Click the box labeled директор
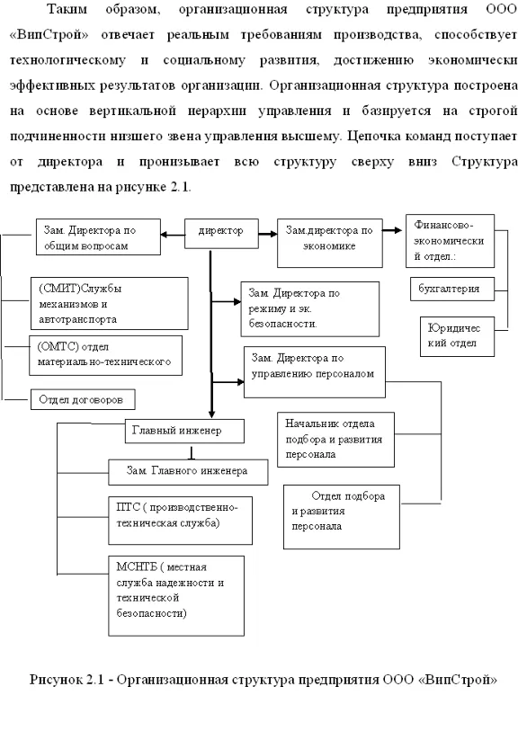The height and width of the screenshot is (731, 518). pos(221,234)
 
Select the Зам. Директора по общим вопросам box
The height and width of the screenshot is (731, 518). pos(98,236)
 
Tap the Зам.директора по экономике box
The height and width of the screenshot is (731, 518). pos(330,243)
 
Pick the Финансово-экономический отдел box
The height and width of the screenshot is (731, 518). pos(450,241)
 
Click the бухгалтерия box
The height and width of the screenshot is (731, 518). pos(452,289)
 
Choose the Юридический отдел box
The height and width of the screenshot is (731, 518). pos(457,336)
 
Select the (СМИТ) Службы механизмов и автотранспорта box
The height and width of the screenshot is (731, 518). pos(110,304)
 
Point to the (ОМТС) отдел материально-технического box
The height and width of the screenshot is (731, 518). pos(105,355)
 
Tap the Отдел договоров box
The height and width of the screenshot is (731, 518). pos(83,399)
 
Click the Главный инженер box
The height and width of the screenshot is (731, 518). pos(184,432)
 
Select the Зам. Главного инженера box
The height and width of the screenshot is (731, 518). pos(188,472)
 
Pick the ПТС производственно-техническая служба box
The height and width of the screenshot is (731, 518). pos(181,521)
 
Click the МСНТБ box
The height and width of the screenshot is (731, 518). pos(176,596)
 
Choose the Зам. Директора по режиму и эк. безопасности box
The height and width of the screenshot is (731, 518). pos(310,309)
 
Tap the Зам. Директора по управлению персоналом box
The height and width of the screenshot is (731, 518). pos(315,372)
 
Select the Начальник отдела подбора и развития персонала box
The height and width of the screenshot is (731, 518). pos(335,440)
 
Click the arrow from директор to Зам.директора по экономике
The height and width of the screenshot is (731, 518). pos(268,234)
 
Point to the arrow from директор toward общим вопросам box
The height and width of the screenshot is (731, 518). pos(173,235)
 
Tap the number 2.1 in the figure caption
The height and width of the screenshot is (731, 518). pos(95,680)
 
